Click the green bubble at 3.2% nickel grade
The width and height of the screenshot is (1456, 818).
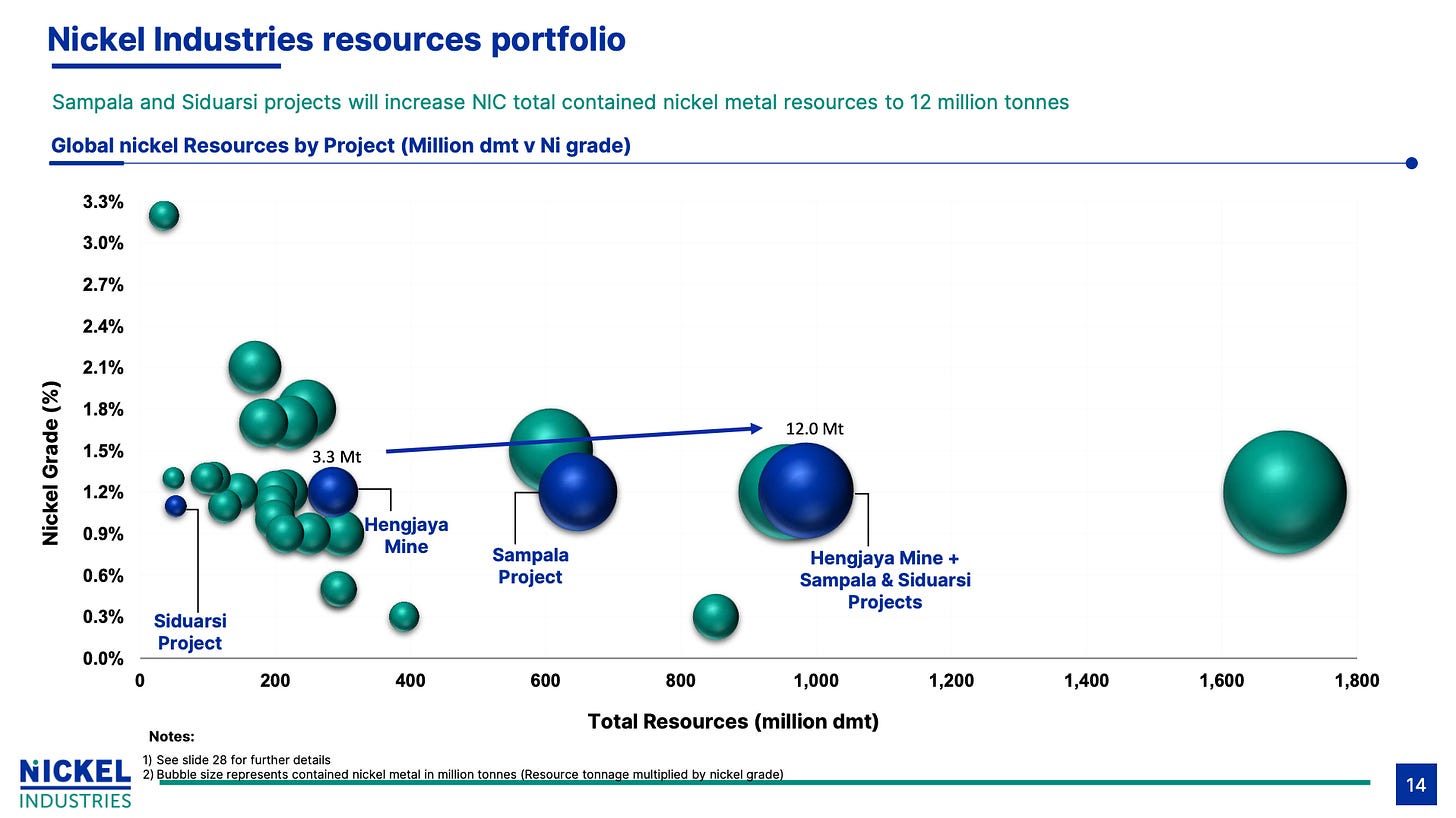coord(164,215)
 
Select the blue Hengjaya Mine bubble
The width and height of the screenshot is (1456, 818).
coord(332,492)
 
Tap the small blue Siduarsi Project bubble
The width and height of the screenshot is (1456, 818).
coord(176,506)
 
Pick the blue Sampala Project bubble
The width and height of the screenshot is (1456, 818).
coord(577,492)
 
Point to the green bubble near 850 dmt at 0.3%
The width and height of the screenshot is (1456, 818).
coord(716,616)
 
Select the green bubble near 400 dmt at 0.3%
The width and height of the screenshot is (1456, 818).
coord(404,616)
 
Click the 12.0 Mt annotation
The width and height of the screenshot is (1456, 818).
coord(814,429)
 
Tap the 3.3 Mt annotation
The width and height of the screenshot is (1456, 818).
coord(336,457)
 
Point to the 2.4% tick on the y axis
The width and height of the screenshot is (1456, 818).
coord(103,326)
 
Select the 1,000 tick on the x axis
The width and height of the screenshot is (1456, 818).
coord(816,681)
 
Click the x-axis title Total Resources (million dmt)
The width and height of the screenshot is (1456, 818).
coord(733,722)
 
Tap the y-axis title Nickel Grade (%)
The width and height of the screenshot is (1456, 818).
coord(51,463)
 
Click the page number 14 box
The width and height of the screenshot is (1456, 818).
coord(1416,785)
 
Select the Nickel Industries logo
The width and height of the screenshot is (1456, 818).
coord(75,784)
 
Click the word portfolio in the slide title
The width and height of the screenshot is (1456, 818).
coord(558,40)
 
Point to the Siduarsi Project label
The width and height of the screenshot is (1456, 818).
coord(190,632)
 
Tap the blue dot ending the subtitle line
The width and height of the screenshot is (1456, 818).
coord(1411,163)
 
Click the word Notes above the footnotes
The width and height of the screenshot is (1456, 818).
coord(172,737)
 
